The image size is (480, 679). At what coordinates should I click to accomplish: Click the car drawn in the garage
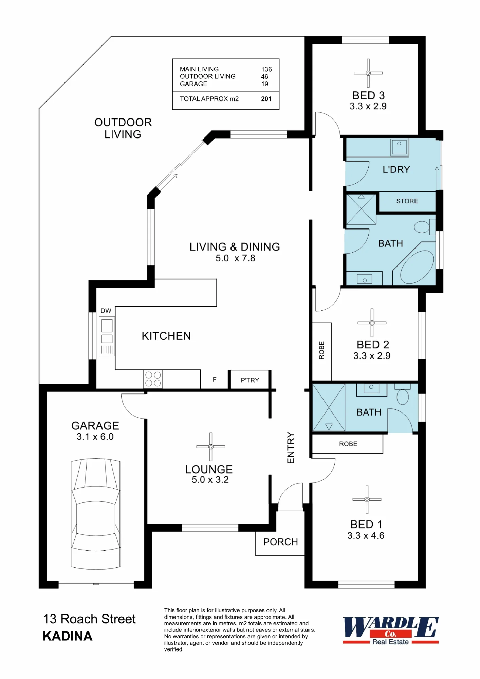click(96, 514)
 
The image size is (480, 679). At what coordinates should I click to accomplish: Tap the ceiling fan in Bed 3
click(368, 73)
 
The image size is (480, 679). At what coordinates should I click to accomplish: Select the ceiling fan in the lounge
click(211, 447)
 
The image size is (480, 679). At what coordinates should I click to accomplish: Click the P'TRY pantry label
click(250, 380)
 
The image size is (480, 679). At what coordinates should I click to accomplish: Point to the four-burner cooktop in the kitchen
click(153, 379)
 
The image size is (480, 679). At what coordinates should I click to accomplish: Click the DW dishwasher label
click(106, 311)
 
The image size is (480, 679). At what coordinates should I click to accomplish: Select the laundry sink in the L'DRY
click(400, 147)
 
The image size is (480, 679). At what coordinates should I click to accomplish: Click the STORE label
click(407, 201)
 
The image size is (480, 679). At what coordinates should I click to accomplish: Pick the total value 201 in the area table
click(266, 99)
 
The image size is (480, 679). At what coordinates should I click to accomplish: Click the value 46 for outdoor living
click(265, 77)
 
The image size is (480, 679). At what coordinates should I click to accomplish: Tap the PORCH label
click(281, 542)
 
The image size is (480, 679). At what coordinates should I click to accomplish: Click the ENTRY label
click(291, 447)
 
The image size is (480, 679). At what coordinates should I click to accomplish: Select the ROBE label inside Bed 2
click(321, 350)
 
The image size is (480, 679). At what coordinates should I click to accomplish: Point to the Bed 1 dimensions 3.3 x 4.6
click(366, 536)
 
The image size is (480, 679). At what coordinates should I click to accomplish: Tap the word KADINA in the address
click(68, 636)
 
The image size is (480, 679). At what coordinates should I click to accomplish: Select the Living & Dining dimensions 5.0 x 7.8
click(235, 258)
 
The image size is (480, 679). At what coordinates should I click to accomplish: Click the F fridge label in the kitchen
click(215, 379)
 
